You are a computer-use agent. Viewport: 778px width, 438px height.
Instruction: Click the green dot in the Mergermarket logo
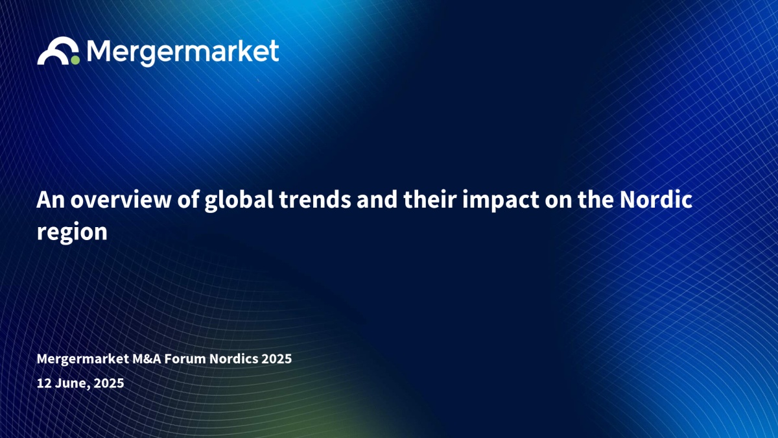[75, 60]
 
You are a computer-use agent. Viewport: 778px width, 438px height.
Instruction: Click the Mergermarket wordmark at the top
[183, 53]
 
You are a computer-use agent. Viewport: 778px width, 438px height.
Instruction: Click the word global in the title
[239, 201]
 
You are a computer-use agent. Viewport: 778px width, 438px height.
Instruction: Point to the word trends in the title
[315, 200]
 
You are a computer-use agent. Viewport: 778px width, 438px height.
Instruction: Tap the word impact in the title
[501, 201]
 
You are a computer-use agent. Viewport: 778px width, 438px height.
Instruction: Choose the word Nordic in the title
[656, 200]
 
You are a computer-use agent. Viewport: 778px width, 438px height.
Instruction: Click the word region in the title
[72, 232]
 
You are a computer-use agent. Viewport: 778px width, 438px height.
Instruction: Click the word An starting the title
[51, 200]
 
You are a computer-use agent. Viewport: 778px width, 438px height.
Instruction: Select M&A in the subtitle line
[147, 359]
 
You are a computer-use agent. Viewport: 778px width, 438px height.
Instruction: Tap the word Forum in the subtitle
[185, 359]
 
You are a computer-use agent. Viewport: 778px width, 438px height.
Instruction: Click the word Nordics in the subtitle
[234, 359]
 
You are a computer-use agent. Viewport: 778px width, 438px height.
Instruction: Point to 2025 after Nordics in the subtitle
[277, 359]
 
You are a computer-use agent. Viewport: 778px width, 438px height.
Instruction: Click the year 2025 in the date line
[109, 383]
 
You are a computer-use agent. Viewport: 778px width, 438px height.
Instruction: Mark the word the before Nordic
[596, 200]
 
